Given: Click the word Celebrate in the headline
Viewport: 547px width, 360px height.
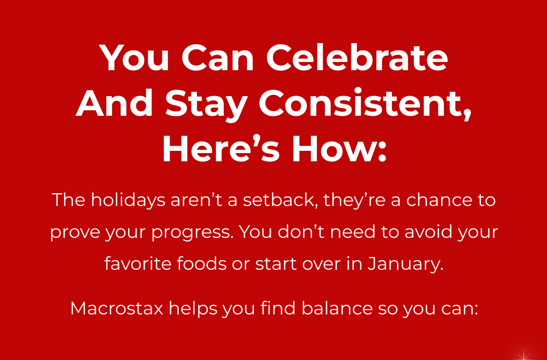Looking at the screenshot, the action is coord(357,57).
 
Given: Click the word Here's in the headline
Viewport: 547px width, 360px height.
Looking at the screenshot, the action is coord(221,148).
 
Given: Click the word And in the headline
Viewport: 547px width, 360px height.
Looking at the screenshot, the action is coord(114,103).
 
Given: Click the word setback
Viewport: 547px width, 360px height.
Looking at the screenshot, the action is coord(279,200).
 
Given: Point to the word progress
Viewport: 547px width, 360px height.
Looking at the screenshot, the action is coord(191,232).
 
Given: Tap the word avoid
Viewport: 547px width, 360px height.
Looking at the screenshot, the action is coord(428,231).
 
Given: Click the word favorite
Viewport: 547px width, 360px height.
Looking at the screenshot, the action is coord(138,263).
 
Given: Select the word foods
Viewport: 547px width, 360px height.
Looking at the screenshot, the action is coord(201,263).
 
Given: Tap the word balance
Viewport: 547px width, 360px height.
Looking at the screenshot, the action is coord(337,308).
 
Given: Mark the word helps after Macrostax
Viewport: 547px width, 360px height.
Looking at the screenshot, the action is coord(193,309).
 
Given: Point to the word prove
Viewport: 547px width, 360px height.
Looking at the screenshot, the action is coord(75,232).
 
